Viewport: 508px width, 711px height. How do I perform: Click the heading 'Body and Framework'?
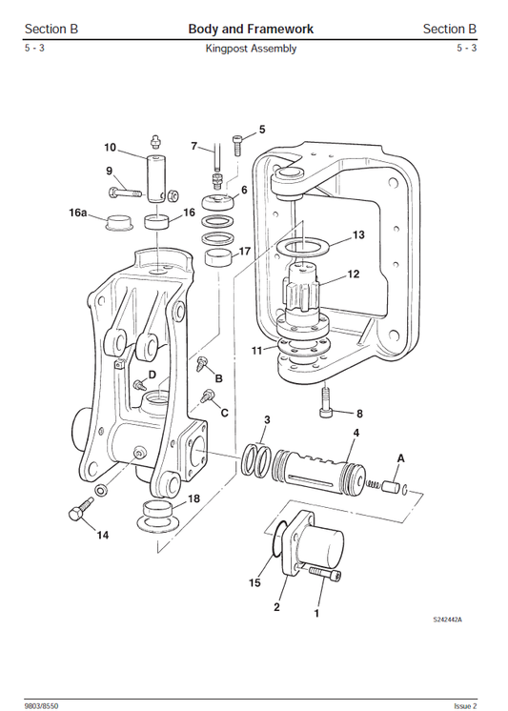pos(251,29)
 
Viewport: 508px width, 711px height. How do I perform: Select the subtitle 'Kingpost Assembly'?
pos(251,49)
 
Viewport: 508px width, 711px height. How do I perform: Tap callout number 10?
pos(110,148)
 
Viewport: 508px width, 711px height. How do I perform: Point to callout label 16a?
pos(77,213)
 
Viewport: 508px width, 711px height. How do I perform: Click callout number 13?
pos(358,234)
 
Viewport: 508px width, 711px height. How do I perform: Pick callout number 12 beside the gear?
pos(353,274)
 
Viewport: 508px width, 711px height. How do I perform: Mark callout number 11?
pos(257,351)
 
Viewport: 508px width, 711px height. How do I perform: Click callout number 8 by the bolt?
pos(359,414)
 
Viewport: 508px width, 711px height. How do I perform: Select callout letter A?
pos(400,458)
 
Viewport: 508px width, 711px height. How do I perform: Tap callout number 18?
pos(193,498)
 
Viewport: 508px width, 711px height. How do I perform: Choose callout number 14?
pos(102,536)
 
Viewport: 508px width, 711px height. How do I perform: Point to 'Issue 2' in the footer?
pos(465,705)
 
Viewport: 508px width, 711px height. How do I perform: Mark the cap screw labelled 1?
pos(323,575)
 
